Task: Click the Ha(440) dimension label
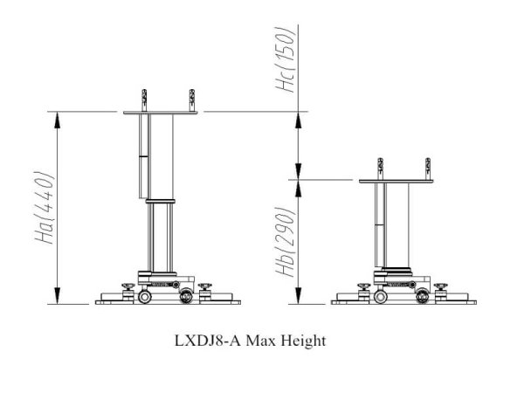coord(45,208)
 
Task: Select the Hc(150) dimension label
coord(285,59)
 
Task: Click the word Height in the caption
coord(303,341)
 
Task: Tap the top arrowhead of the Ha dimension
coord(58,120)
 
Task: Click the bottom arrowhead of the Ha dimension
coord(58,296)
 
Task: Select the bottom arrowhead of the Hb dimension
coord(299,296)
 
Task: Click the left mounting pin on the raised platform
coord(144,100)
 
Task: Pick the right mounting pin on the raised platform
coord(192,100)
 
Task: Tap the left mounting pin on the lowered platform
coord(380,169)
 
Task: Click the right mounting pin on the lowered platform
coord(428,169)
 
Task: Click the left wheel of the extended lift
coord(145,296)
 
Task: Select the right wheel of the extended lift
coord(186,296)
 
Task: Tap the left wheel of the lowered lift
coord(381,296)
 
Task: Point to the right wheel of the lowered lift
coord(423,296)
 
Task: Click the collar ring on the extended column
coord(161,201)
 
